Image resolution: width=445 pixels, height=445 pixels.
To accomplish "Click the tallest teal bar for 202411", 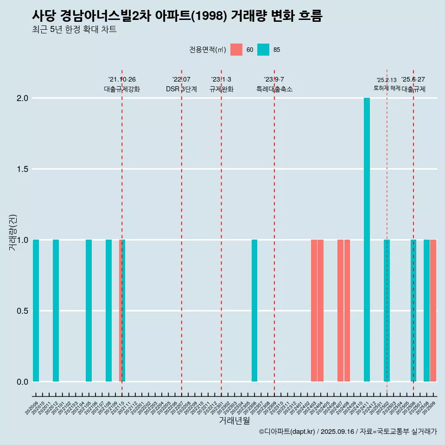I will coord(367,240).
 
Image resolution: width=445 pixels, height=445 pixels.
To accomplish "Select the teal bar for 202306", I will coord(254,311).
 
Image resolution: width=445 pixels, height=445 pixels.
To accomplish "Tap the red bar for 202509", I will coord(433,311).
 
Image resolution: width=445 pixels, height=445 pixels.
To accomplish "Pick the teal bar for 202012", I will coord(56,311).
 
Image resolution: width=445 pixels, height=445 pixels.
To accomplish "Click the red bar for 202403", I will coord(314,311).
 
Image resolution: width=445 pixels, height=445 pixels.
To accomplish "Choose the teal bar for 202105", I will coord(89,311).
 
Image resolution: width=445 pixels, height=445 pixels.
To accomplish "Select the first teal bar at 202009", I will coord(36,311).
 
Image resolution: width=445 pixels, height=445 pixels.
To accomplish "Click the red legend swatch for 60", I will coord(236,50).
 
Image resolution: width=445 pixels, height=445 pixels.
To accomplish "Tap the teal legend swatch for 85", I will coord(263,50).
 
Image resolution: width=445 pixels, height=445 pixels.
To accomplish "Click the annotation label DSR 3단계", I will coord(181,89).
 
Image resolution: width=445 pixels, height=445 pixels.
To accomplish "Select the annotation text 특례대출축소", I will coord(274,89).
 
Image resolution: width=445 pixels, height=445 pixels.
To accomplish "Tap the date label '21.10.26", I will coord(122,80).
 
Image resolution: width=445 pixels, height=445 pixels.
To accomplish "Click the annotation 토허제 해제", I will coord(387,88).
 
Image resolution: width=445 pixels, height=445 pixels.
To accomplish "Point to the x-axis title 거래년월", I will coord(234,421).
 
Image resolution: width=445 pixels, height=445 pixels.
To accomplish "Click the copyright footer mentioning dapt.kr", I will coord(348,432).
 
